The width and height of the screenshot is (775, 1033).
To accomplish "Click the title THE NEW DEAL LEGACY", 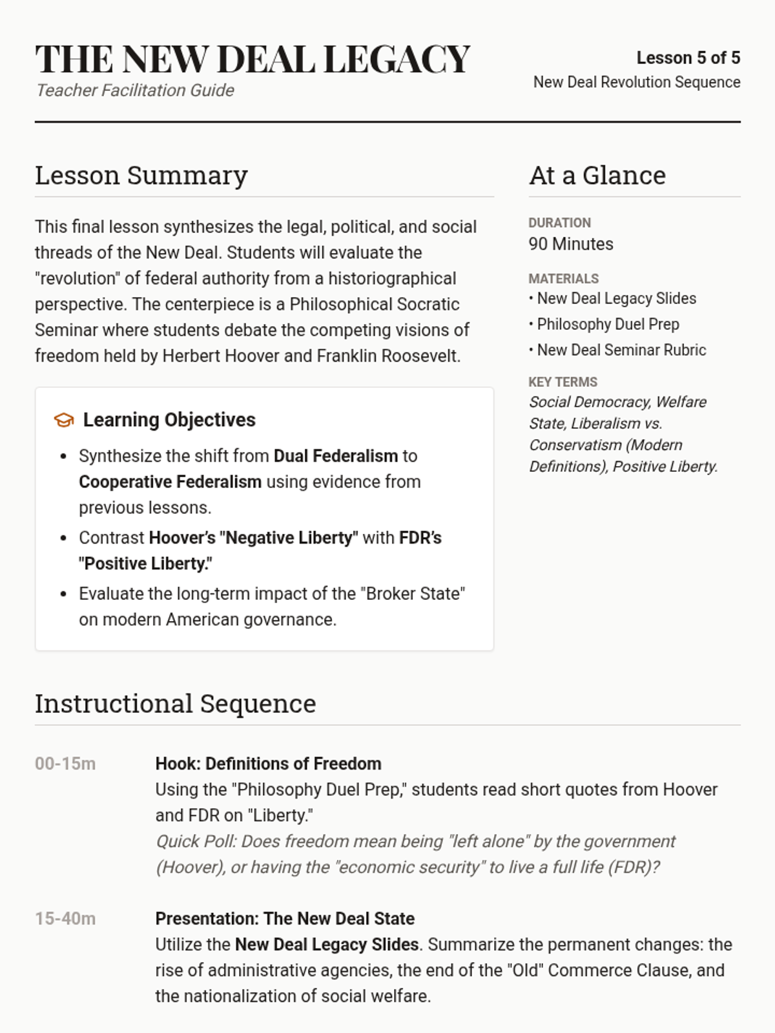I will coord(253,59).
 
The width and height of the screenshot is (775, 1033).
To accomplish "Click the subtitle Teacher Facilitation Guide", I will coord(135,90).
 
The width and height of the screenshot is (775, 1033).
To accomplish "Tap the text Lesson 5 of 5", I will coord(688,58).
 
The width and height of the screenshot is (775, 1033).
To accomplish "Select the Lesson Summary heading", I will coord(141,176).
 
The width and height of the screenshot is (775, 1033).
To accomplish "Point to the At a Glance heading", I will coord(597,176).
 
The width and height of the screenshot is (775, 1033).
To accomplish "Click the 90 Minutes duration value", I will coord(571,244).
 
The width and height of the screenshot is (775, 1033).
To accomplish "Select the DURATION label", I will coord(559,223).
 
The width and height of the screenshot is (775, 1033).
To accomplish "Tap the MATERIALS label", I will coord(563,279).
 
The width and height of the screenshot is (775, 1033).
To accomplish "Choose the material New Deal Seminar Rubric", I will coord(621,350).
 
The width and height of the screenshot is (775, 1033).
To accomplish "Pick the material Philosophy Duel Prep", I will coord(608,324).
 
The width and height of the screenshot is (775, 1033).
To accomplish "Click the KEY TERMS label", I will coord(563,382).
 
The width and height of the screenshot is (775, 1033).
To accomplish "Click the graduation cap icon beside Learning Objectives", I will coord(63,420).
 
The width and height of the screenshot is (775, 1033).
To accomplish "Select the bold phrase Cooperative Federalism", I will coord(170,482).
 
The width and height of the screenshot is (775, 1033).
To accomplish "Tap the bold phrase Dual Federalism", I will coord(336,456).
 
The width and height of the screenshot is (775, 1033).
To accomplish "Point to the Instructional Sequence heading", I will coord(176,704).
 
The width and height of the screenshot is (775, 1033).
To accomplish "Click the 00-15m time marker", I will coord(65,764).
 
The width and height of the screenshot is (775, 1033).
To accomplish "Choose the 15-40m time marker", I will coord(65,919).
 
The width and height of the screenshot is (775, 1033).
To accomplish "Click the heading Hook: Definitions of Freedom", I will coord(268,764).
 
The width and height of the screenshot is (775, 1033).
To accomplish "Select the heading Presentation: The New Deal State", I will coord(285,919).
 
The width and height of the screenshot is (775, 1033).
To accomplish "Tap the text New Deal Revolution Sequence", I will coord(637,83).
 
